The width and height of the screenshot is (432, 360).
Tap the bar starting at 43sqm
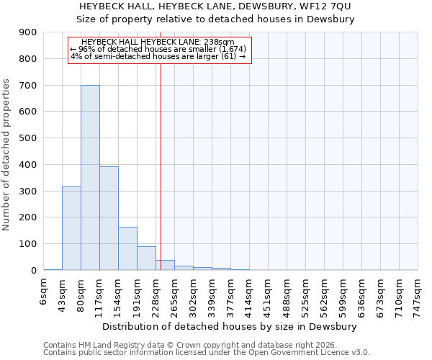(71, 228)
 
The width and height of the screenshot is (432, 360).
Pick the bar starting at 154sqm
(127, 248)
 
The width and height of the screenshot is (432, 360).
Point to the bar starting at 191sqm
(146, 258)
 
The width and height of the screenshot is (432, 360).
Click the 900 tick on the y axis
(29, 32)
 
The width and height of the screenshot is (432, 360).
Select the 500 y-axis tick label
(29, 138)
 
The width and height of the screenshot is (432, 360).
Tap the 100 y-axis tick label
(29, 244)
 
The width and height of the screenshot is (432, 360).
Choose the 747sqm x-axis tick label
(418, 294)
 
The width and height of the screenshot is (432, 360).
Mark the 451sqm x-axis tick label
(269, 294)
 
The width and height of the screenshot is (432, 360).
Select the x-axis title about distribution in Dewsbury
(230, 326)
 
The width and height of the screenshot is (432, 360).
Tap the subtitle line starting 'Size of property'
(215, 19)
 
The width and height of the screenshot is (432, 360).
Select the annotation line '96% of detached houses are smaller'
(158, 49)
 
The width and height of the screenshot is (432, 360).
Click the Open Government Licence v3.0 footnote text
(310, 352)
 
